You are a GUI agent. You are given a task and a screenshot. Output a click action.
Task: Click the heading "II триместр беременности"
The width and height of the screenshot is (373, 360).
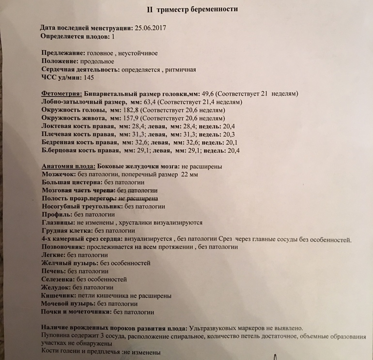[x=192, y=9]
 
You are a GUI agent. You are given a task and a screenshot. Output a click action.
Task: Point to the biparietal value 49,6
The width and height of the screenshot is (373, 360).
[x=221, y=93]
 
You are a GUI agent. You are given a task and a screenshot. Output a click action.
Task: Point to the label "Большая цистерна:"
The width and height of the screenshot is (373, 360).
[x=72, y=182]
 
